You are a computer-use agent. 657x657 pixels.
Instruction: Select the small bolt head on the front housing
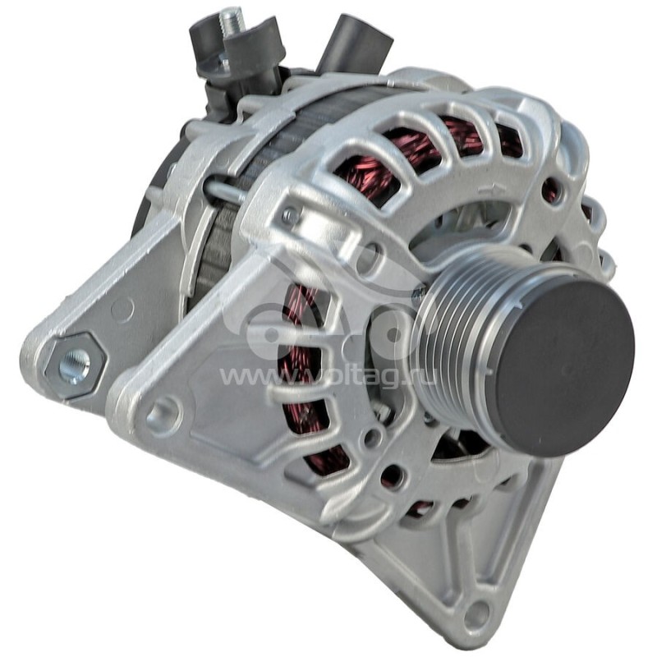tap(288, 216)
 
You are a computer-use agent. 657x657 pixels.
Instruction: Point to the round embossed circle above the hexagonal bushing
tap(122, 310)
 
